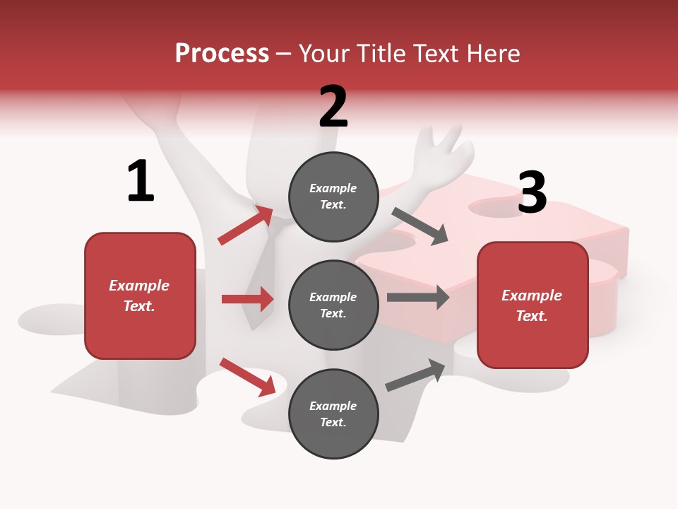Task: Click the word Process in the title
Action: [x=222, y=54]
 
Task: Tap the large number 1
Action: [x=141, y=182]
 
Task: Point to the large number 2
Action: [x=333, y=107]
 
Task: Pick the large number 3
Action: [x=532, y=192]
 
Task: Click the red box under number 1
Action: [x=140, y=296]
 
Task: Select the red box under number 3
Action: [x=533, y=305]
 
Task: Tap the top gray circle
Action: [x=333, y=197]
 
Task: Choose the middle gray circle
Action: [x=333, y=305]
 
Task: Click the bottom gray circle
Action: [x=333, y=414]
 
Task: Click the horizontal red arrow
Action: [x=247, y=299]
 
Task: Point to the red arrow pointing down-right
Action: [x=247, y=376]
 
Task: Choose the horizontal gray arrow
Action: [x=418, y=298]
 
